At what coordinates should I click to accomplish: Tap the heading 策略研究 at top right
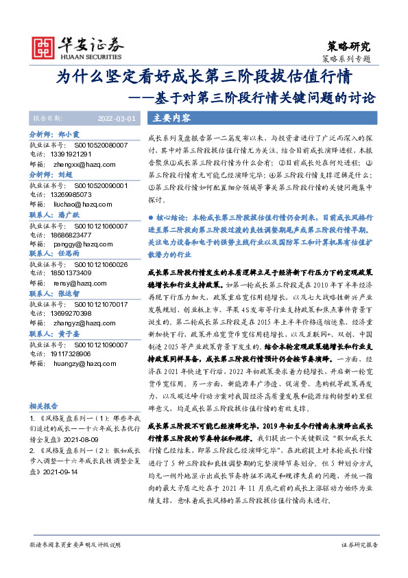click(350, 47)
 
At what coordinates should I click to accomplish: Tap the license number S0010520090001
click(95, 185)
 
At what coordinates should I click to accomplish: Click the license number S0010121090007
click(95, 345)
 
